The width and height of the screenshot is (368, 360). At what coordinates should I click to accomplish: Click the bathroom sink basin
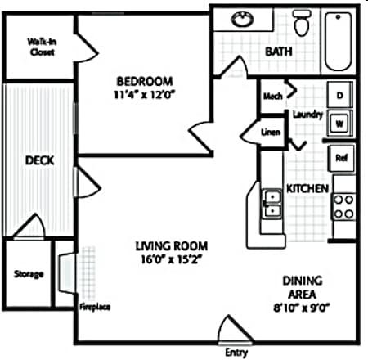coord(242,19)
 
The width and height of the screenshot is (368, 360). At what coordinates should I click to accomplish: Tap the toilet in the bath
coord(302,23)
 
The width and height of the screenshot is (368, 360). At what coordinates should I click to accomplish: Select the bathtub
coord(339,42)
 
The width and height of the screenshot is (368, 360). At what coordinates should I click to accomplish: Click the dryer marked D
coord(340,95)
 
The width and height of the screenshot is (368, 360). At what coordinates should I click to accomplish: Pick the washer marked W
coord(340,124)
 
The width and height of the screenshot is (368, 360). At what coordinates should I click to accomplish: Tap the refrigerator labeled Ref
coord(341,158)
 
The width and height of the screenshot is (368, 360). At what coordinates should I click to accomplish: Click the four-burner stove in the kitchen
coord(343,207)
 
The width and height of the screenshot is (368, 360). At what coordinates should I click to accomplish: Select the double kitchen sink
coord(272,204)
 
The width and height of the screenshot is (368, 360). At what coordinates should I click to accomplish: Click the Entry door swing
coord(236,329)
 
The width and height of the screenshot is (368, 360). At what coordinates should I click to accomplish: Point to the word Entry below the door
coord(236,353)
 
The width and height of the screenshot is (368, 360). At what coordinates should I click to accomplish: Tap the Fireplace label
coord(95,307)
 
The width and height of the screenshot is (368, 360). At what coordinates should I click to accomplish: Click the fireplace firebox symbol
coord(67,273)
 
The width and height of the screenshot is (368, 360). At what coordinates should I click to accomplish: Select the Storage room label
coord(29,273)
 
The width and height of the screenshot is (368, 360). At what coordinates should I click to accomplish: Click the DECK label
coord(40,160)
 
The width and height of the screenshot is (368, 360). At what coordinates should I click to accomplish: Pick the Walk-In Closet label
coord(42,47)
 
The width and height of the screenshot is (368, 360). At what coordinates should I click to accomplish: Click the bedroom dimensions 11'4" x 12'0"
coord(144,95)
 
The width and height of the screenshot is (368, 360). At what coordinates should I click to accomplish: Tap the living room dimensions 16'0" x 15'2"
coord(171,259)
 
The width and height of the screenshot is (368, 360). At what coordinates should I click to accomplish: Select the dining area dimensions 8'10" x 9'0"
coord(302,308)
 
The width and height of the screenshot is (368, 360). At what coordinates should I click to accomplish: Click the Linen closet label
coord(271,132)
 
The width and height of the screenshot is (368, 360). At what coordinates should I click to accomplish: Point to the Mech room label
coord(273,96)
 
